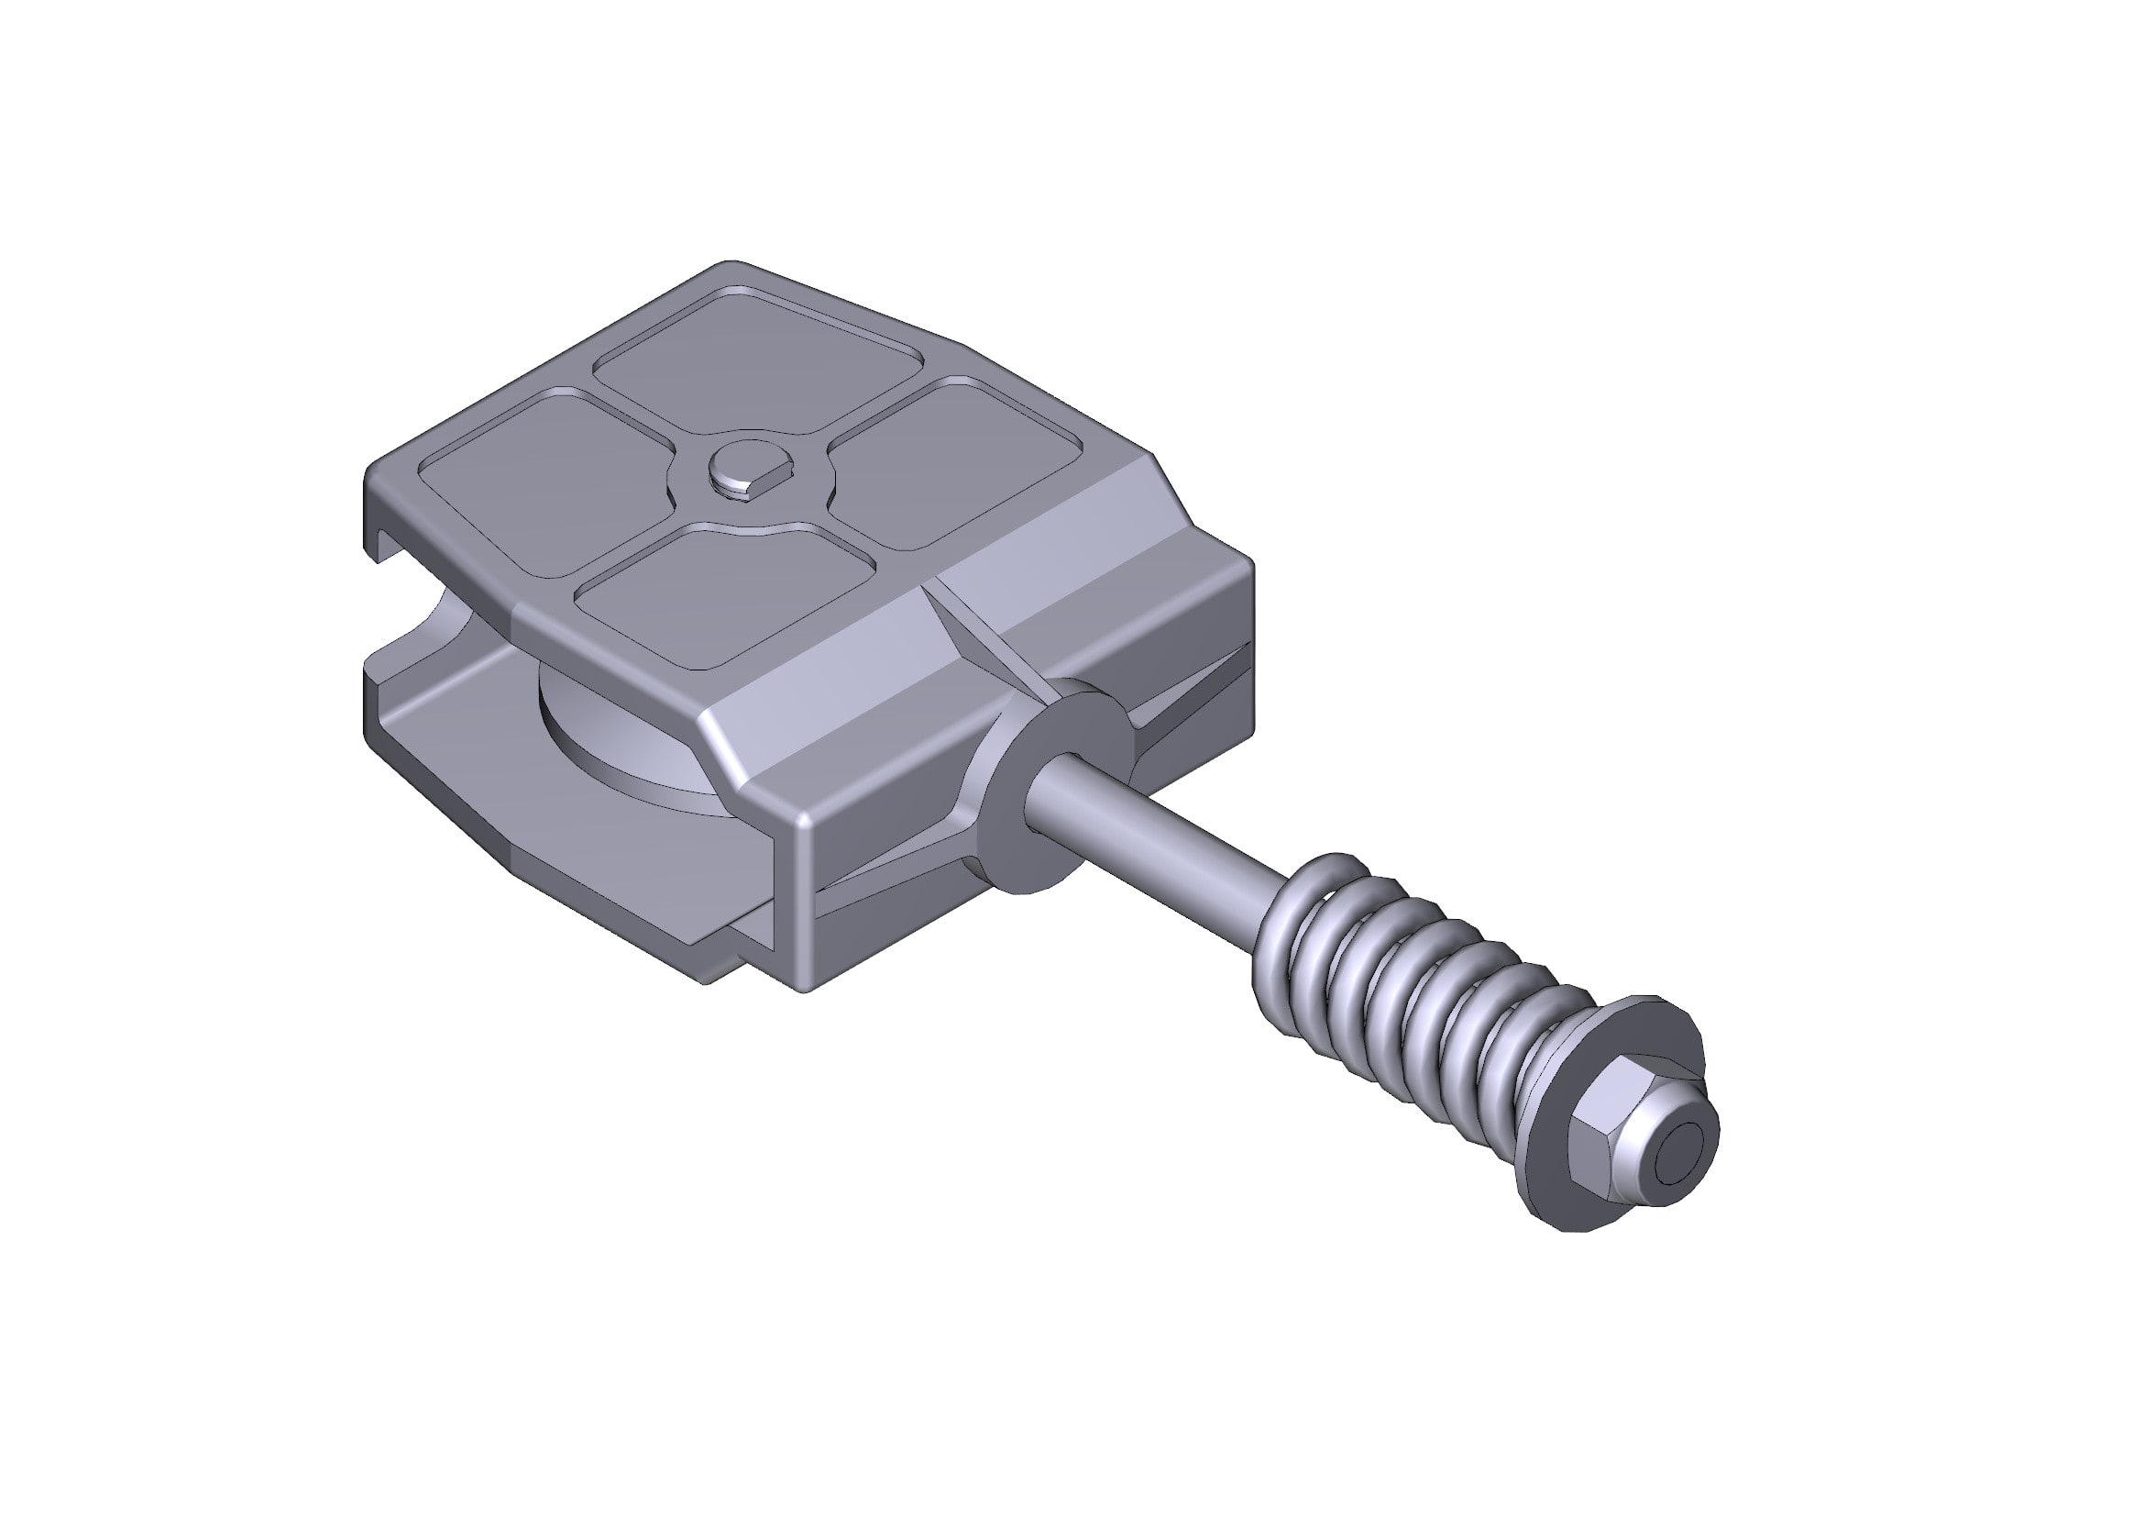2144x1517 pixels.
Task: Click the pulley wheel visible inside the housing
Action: [x=616, y=738]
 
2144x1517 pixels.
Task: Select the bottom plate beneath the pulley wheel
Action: [x=522, y=803]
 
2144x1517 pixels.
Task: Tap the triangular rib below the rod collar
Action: [x=896, y=878]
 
